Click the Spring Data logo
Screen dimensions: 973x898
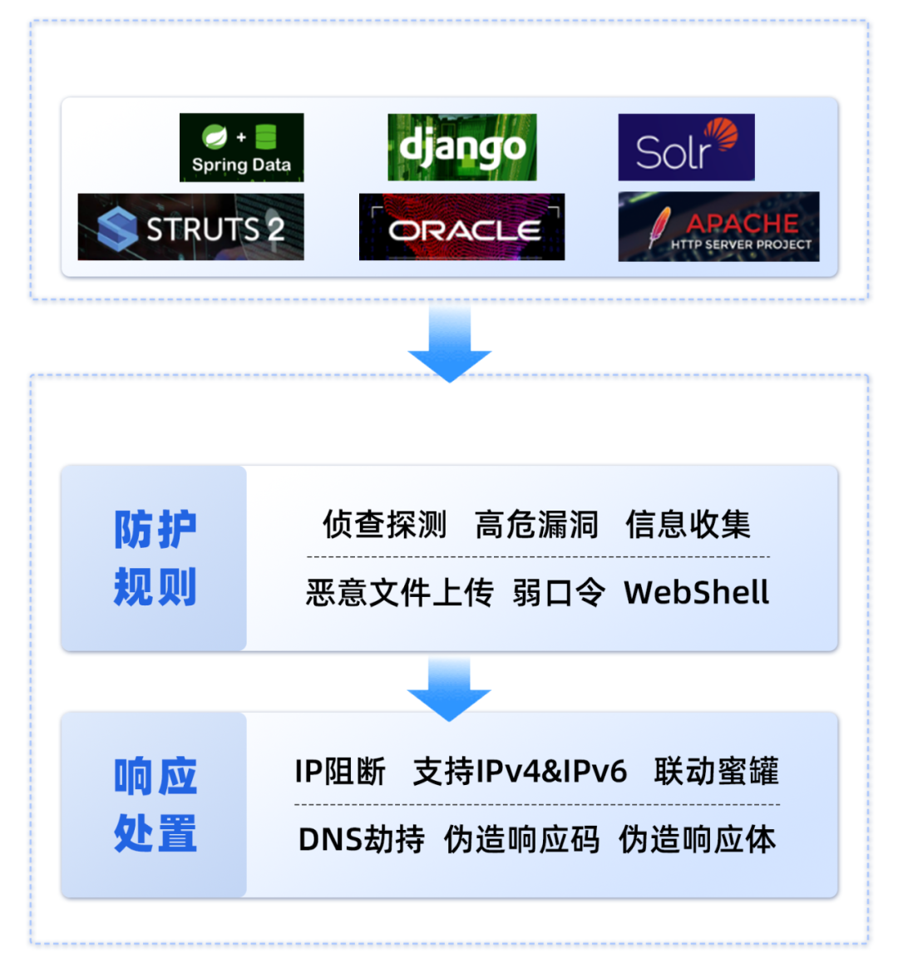coord(241,147)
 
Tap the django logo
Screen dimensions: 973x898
coord(461,147)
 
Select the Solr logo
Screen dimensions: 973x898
coord(686,147)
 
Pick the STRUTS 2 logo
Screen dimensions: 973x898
coord(190,227)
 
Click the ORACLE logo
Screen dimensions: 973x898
coord(461,227)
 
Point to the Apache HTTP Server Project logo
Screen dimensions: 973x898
coord(718,227)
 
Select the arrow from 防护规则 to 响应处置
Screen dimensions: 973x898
coord(449,687)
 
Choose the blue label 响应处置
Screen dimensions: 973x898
coord(155,805)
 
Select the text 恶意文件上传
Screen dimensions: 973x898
coord(399,593)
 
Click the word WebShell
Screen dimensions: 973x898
coord(696,593)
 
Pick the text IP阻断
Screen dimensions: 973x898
coord(340,772)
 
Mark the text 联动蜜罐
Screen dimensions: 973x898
coord(716,772)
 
